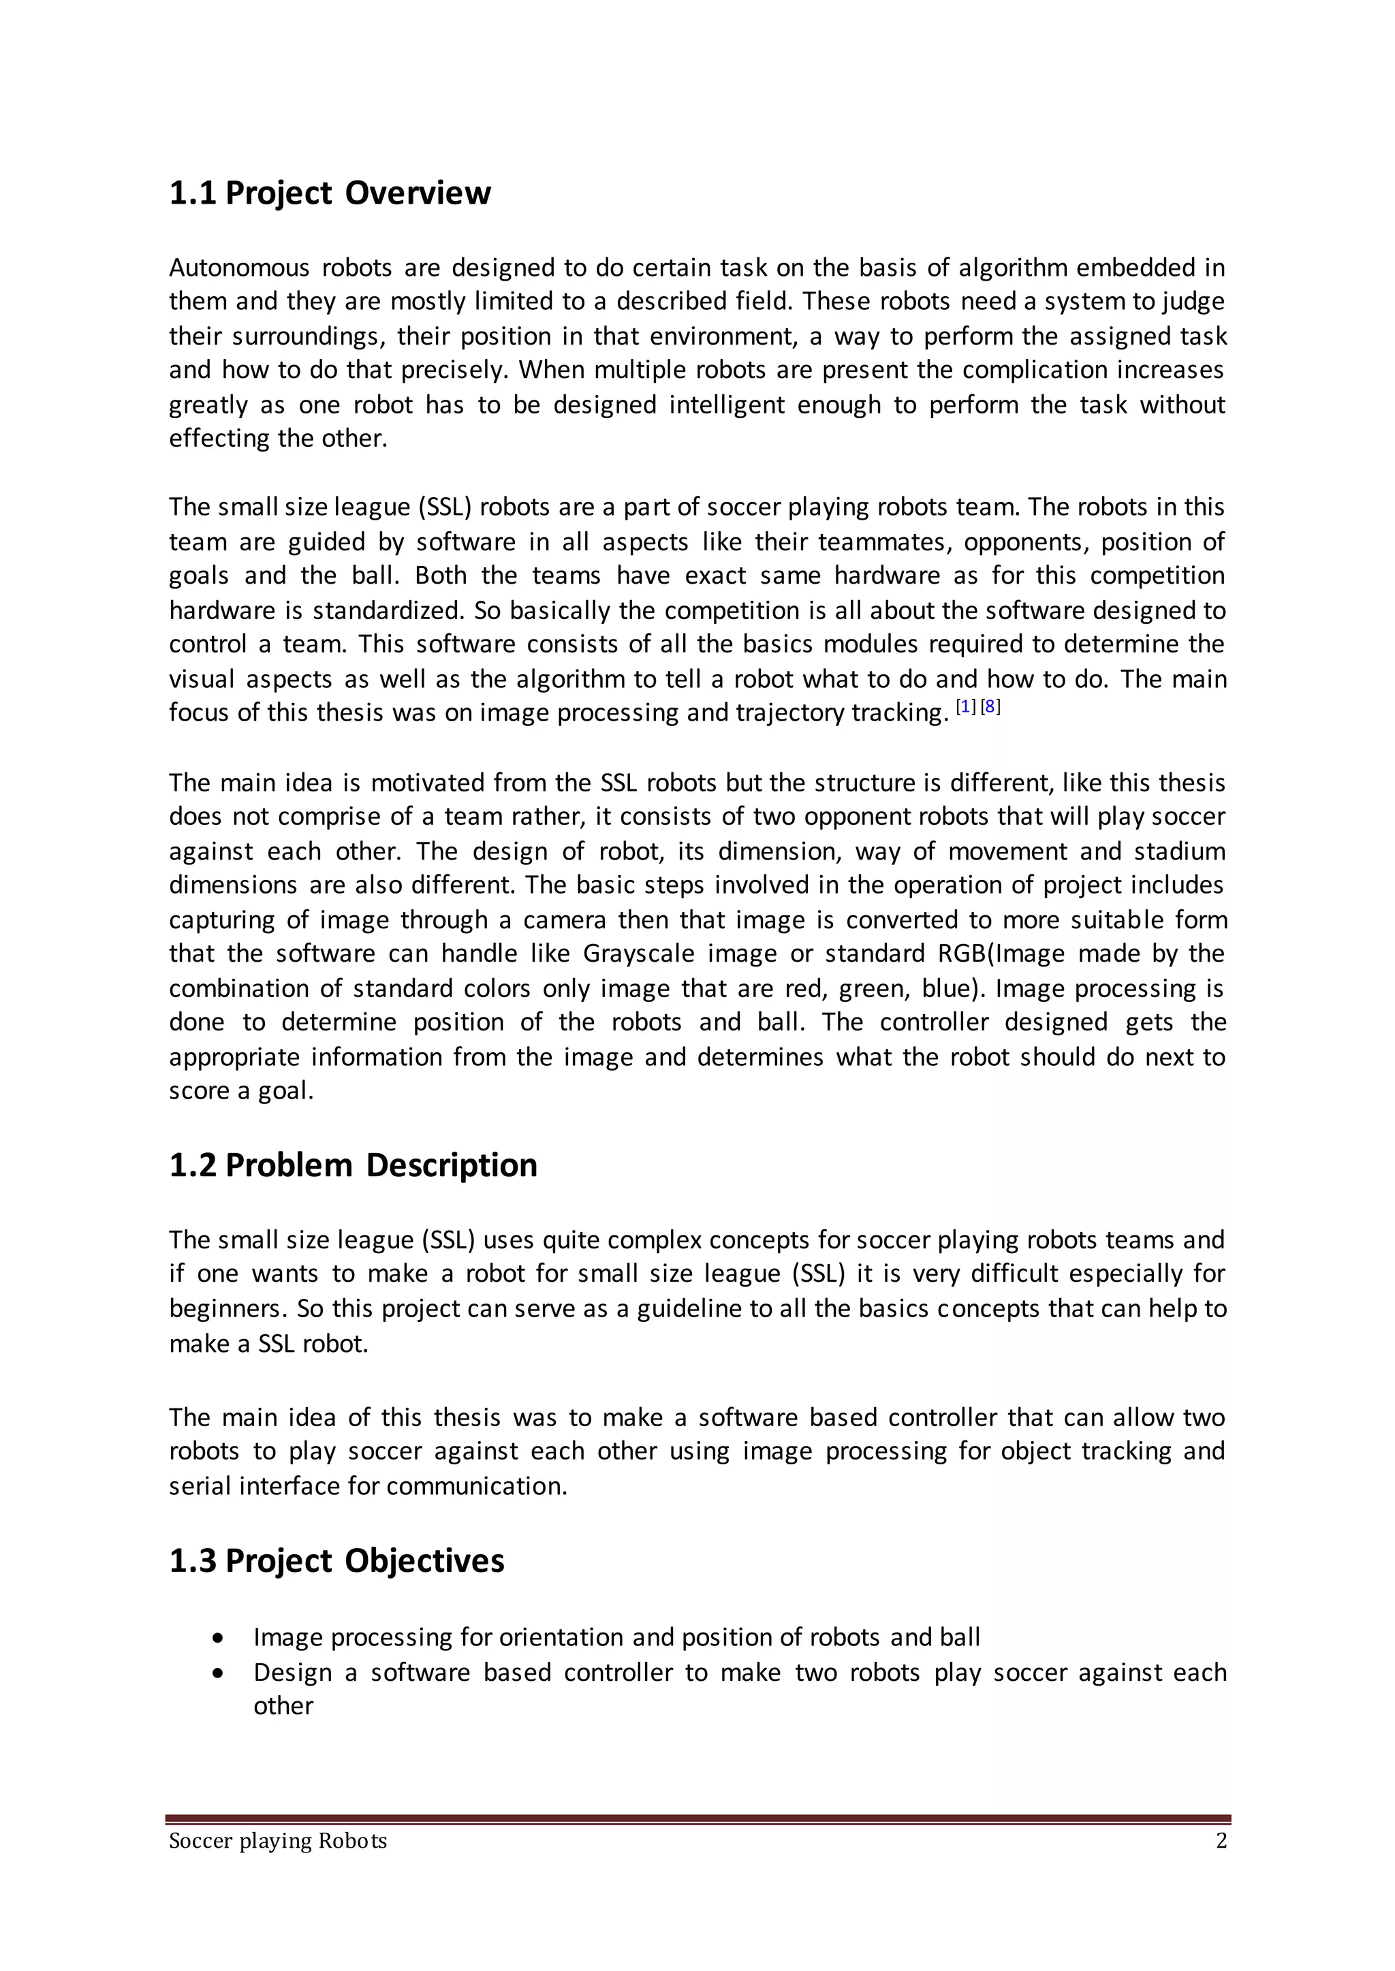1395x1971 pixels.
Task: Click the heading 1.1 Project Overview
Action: pos(330,193)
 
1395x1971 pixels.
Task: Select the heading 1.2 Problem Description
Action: pos(353,1165)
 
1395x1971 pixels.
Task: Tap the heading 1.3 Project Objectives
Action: pos(336,1560)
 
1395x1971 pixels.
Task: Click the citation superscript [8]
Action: pos(990,707)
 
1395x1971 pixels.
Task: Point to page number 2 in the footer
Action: pos(1221,1840)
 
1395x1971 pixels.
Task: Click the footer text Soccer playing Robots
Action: pos(277,1840)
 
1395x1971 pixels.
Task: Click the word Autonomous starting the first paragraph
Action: pos(239,268)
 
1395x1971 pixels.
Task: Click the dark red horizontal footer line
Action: pos(697,1819)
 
